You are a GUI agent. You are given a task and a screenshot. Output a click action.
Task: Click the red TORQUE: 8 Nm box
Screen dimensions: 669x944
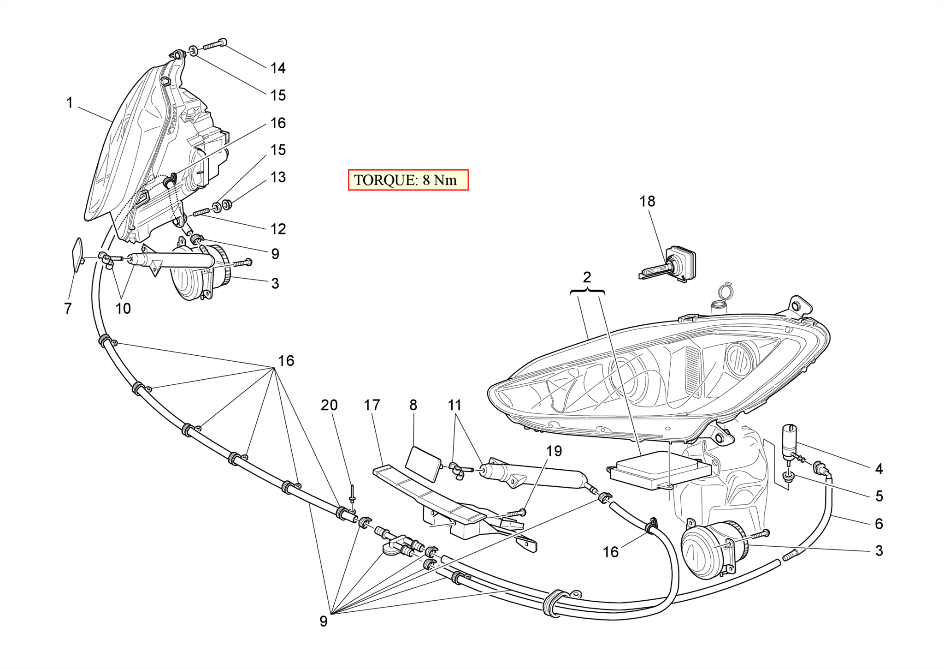pyautogui.click(x=408, y=180)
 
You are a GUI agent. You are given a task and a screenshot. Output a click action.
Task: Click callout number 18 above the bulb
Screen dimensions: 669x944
pyautogui.click(x=647, y=201)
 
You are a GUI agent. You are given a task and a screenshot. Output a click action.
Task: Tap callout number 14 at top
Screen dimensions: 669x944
pyautogui.click(x=278, y=68)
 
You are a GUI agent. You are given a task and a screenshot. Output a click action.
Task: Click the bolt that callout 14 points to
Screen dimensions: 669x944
pyautogui.click(x=214, y=44)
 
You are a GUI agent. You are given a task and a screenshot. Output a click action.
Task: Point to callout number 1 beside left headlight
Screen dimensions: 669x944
pyautogui.click(x=70, y=102)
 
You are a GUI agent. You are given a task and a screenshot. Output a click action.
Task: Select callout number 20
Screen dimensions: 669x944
pyautogui.click(x=329, y=405)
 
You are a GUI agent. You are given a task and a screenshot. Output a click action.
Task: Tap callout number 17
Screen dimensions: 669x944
pyautogui.click(x=372, y=405)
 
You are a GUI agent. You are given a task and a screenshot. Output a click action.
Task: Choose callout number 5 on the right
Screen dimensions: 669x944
pyautogui.click(x=879, y=496)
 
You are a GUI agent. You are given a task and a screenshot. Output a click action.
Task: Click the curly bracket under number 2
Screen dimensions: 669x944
pyautogui.click(x=587, y=291)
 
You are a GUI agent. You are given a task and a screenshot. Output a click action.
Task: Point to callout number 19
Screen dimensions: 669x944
pyautogui.click(x=554, y=451)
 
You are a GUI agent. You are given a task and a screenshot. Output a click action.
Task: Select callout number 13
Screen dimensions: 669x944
pyautogui.click(x=278, y=177)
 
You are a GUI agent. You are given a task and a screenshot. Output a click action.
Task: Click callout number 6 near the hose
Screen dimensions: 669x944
pyautogui.click(x=879, y=523)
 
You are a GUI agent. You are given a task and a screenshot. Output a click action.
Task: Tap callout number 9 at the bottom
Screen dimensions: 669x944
pyautogui.click(x=324, y=621)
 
